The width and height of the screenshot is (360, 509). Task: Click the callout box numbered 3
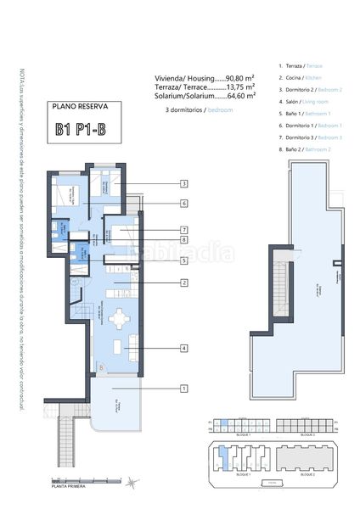183,183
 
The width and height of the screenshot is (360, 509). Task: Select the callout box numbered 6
183,204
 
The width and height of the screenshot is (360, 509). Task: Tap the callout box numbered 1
183,388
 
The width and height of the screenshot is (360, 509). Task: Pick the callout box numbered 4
183,348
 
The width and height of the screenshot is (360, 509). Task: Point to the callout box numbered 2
183,282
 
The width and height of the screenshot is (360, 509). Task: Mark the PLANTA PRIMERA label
70,487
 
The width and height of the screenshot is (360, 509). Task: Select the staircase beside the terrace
69,446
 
